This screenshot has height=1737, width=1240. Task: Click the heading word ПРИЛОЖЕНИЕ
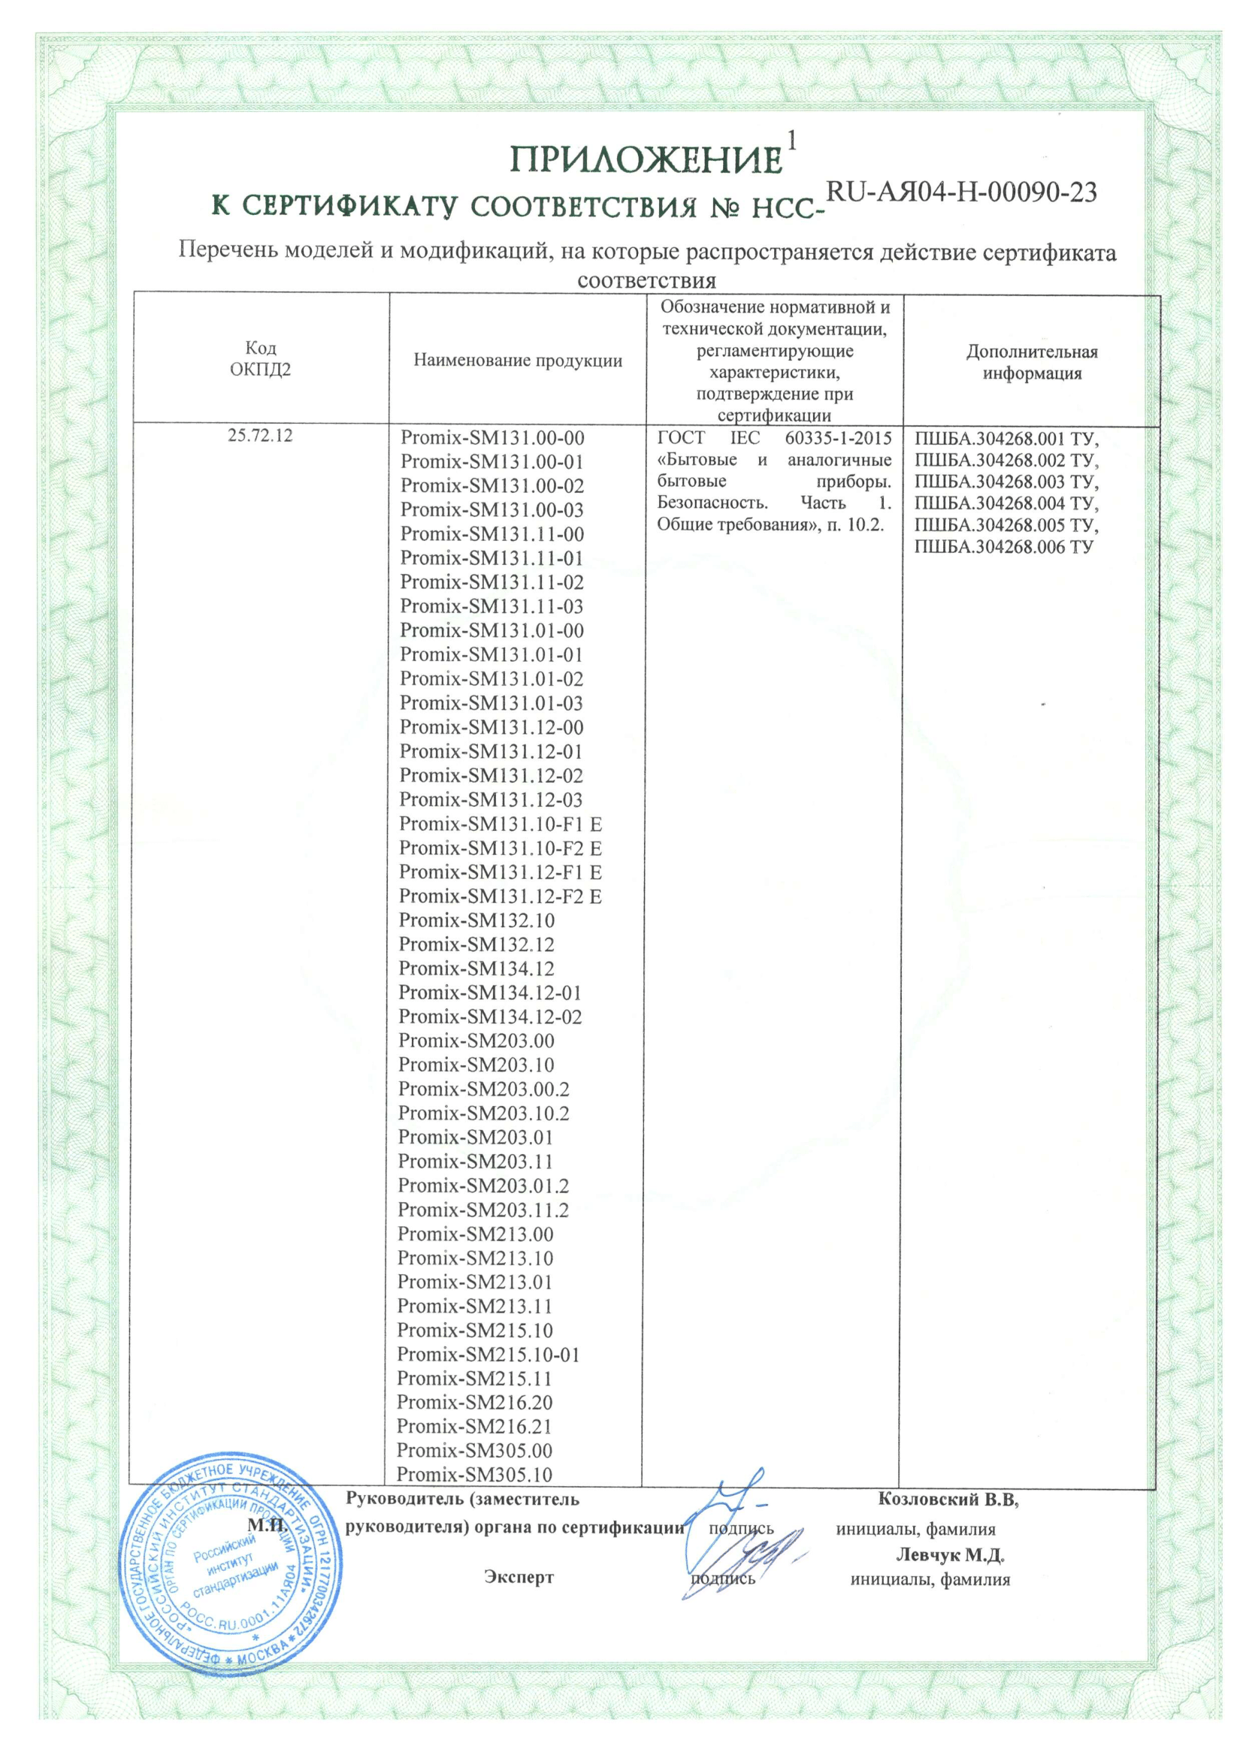[647, 161]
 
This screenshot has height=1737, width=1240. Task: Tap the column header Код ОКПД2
[260, 358]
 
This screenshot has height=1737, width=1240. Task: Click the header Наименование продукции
[518, 360]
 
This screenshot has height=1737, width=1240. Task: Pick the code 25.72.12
[260, 436]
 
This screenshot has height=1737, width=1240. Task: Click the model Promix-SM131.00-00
[491, 438]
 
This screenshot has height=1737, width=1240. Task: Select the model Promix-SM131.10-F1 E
[500, 824]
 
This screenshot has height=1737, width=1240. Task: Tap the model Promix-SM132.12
[476, 945]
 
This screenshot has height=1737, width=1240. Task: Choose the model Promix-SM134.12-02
[489, 1017]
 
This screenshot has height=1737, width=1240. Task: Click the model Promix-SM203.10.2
[483, 1113]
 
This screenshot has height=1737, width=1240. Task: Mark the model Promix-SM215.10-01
[488, 1355]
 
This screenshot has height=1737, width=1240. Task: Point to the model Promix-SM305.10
[474, 1476]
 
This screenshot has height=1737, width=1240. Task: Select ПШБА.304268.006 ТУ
[1003, 547]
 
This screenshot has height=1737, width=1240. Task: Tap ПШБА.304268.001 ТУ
[1006, 439]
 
